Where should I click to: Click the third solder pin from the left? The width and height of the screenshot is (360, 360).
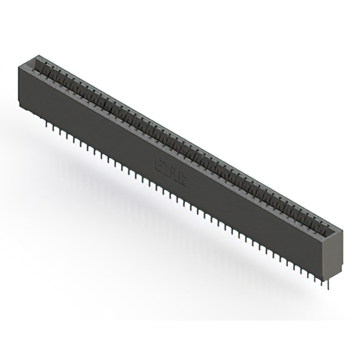click(59, 129)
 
